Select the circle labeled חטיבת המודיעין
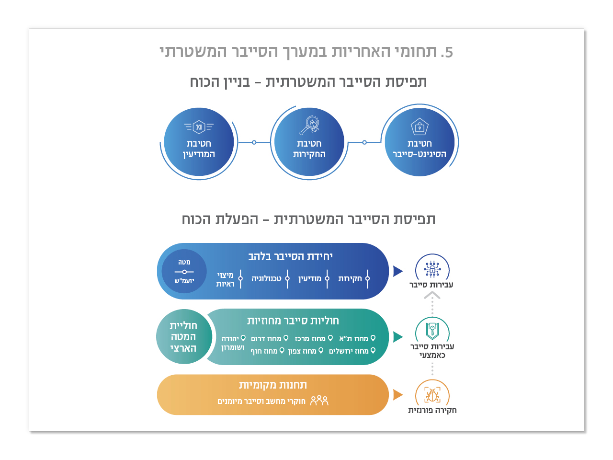(x=199, y=142)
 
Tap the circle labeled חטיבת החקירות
(x=309, y=142)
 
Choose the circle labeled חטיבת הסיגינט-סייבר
(x=420, y=142)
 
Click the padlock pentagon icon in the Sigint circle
(x=420, y=127)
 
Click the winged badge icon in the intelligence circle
(x=199, y=127)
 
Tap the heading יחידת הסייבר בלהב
(x=290, y=256)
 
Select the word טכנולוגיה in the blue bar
(x=266, y=278)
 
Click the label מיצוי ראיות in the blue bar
(x=225, y=279)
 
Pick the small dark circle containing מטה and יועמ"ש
(x=184, y=271)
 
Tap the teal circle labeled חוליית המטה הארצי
(x=183, y=336)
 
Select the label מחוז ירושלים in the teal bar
(x=349, y=351)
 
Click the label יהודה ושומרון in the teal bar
(x=233, y=343)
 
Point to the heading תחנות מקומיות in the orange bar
(x=273, y=385)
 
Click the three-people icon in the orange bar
(x=319, y=401)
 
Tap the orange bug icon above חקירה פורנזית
(x=432, y=395)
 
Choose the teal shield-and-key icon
(x=432, y=330)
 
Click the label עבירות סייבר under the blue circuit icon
(x=431, y=285)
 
